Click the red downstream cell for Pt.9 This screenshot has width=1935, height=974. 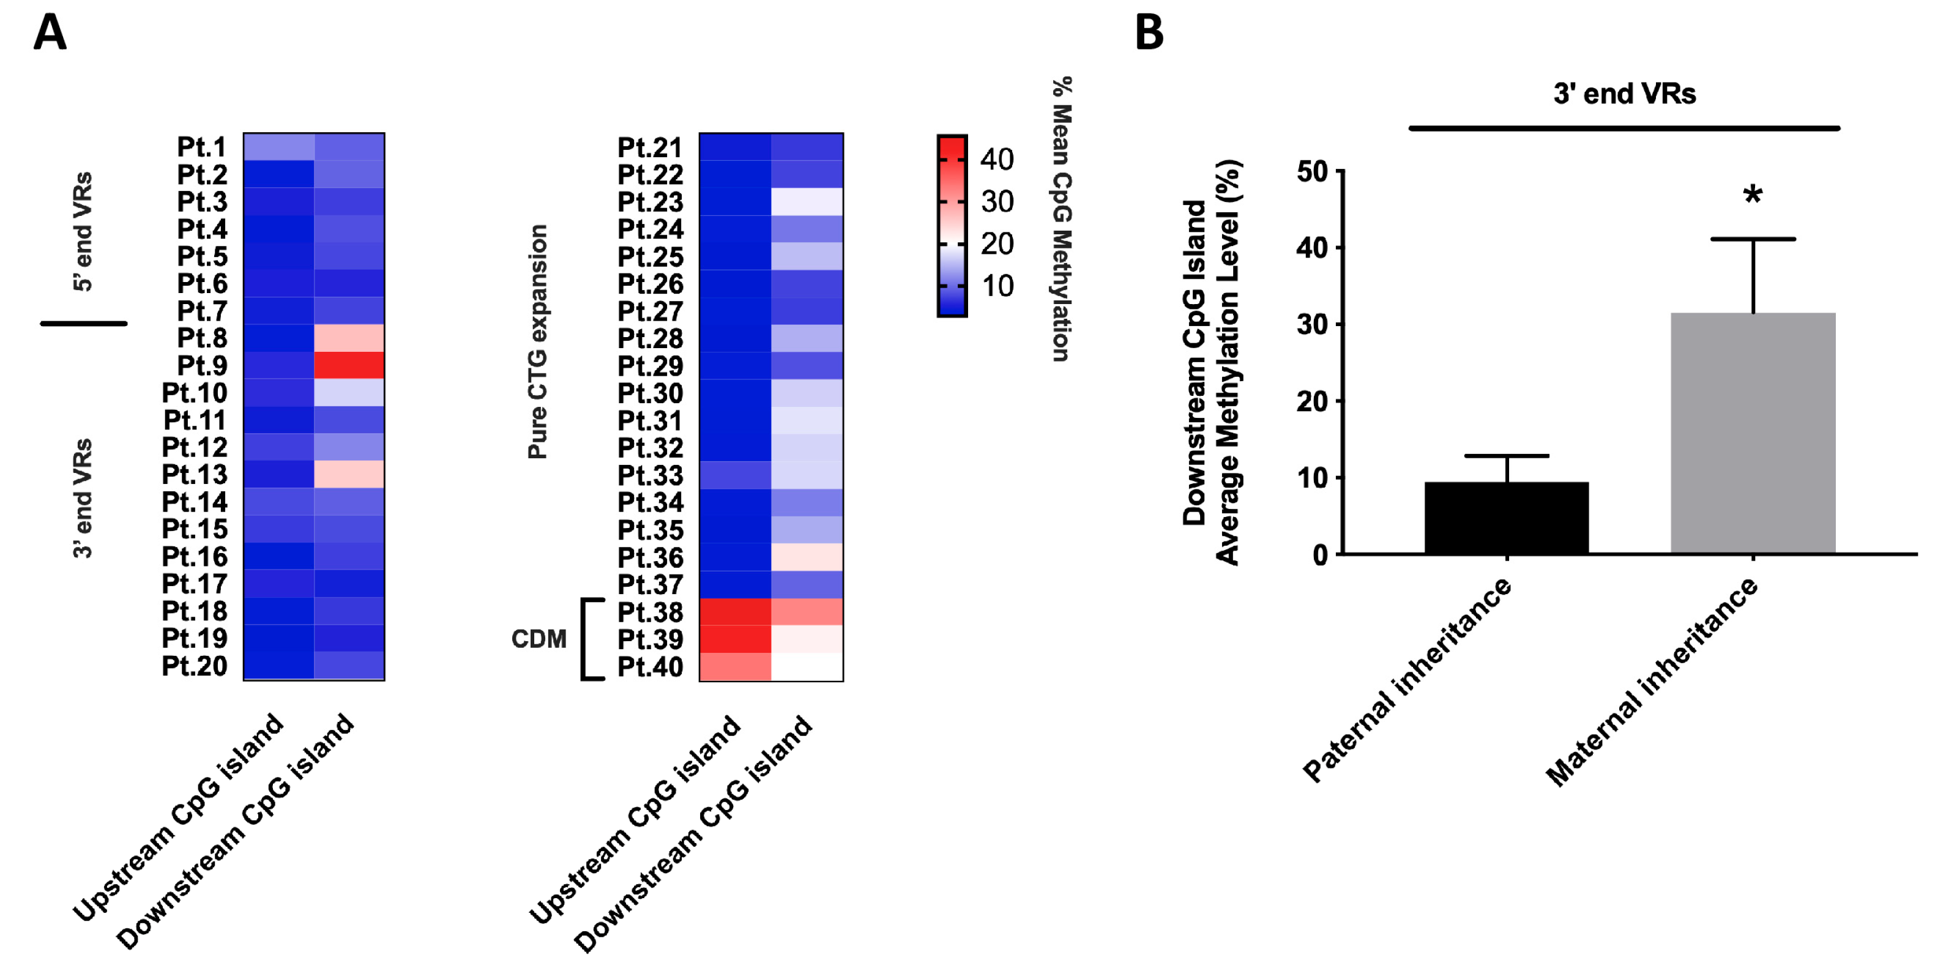coord(349,365)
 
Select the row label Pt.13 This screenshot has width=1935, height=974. coord(195,475)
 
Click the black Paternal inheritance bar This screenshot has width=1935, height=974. coord(1506,518)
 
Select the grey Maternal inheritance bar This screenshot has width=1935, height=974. coord(1753,433)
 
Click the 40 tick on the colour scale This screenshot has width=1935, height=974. coord(997,159)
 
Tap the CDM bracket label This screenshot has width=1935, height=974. coord(539,639)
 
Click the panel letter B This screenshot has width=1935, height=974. coord(1149,33)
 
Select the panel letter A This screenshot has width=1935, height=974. coord(50,33)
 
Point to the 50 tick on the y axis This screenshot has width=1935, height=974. coord(1312,172)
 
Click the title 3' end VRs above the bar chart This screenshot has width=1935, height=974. coord(1624,94)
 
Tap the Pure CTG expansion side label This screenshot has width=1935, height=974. coord(538,341)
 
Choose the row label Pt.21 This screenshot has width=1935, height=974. coord(650,147)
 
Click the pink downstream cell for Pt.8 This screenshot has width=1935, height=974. coord(349,338)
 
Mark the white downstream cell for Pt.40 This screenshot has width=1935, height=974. coord(807,667)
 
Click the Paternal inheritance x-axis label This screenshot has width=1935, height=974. coord(1407,680)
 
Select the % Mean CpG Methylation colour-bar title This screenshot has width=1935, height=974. coord(1061,218)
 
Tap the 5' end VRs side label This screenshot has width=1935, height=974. coord(83,231)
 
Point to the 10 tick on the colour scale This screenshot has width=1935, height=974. coord(997,286)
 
